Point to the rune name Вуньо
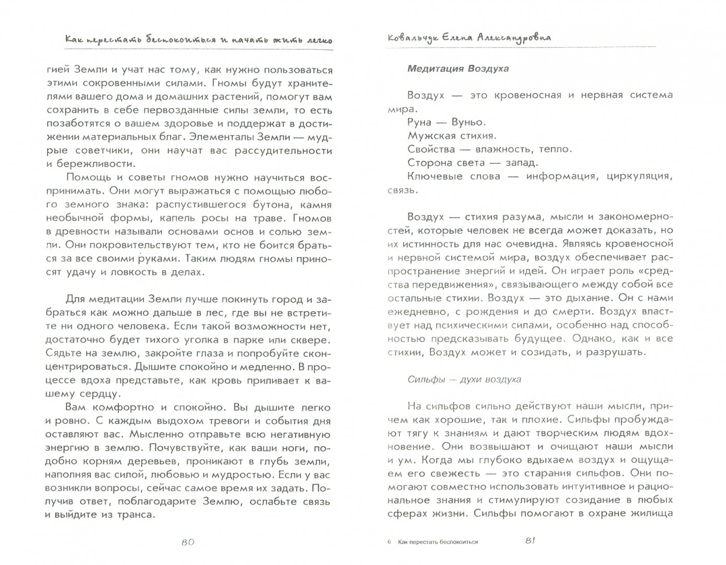(467, 122)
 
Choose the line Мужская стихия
(451, 135)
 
